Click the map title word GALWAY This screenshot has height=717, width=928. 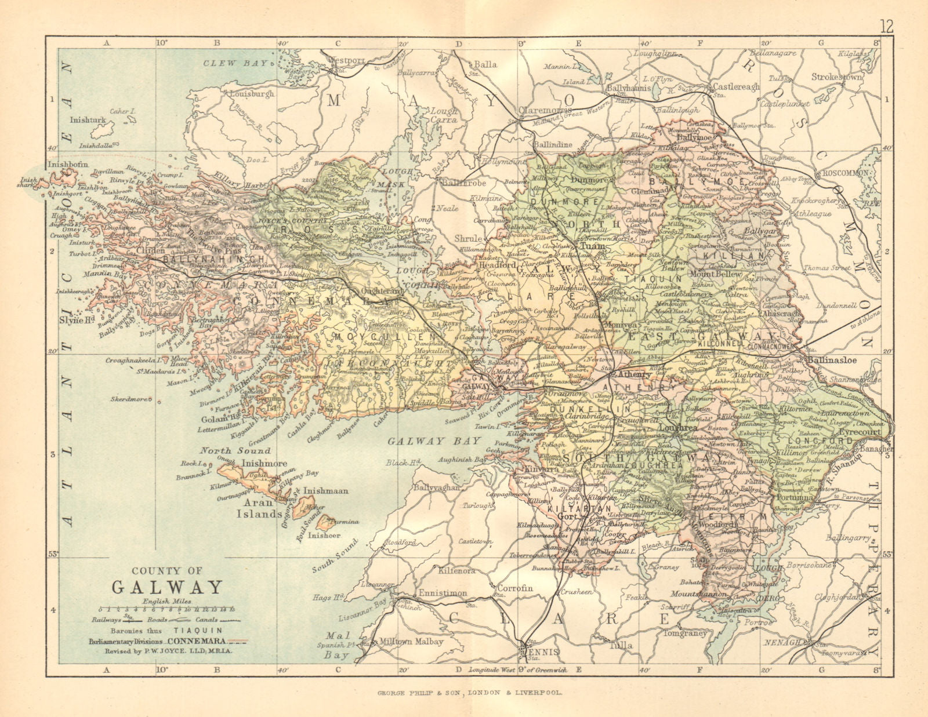pos(167,587)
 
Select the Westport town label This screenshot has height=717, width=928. pos(347,60)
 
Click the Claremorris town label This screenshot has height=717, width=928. pos(546,110)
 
